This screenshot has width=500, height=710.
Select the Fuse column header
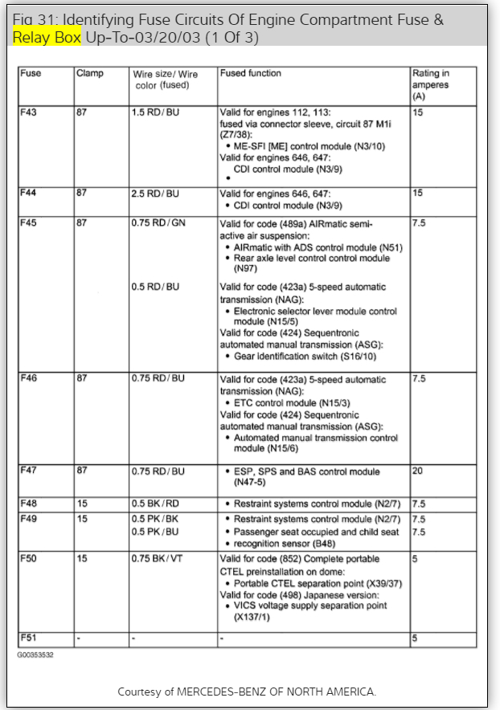(31, 74)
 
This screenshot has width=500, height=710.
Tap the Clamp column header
(89, 74)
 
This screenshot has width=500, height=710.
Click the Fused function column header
(250, 74)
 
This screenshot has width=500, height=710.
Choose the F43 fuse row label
(30, 112)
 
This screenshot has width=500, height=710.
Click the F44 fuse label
(30, 194)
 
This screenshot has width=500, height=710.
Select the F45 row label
(30, 222)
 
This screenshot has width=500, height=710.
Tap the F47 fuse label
(30, 471)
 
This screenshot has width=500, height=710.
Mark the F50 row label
(30, 558)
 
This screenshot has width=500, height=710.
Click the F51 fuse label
(29, 639)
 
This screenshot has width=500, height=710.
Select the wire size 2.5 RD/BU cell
(155, 194)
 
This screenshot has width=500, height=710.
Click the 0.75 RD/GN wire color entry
(158, 222)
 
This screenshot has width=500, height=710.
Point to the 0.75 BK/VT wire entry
(158, 558)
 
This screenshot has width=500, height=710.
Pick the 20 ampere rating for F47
(417, 471)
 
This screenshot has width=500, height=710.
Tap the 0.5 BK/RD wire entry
(155, 504)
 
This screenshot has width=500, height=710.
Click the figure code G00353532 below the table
(36, 655)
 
